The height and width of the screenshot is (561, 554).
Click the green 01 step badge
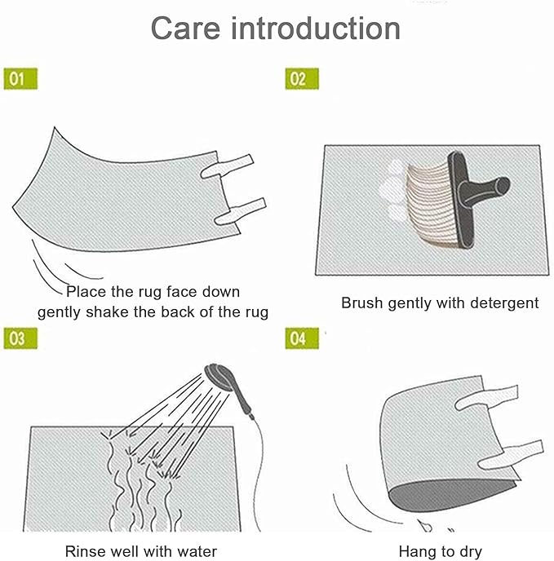(x=22, y=78)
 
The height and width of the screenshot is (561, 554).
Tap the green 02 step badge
(x=301, y=78)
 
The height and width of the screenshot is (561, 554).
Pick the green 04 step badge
(x=301, y=338)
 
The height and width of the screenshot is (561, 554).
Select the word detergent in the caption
(x=503, y=303)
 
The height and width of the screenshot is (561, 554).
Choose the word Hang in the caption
(x=416, y=552)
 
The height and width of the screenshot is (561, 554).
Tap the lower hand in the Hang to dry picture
(x=513, y=453)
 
